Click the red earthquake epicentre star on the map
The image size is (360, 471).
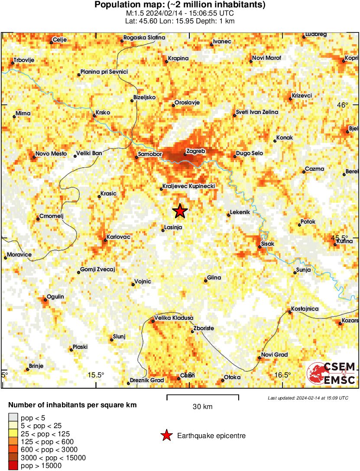[180, 211]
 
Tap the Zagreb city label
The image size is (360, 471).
[195, 151]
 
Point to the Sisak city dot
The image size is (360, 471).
[260, 247]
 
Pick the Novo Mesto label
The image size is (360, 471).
[51, 154]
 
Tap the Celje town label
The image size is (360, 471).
[59, 40]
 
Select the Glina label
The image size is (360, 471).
[214, 278]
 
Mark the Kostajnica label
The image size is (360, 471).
[305, 309]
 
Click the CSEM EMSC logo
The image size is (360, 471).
[331, 373]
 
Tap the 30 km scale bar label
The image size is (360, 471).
[202, 406]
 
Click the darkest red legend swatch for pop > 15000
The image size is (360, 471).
[13, 466]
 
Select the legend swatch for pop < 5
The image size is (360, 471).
[13, 418]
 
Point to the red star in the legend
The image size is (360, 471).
[166, 435]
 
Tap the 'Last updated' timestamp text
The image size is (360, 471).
[308, 398]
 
